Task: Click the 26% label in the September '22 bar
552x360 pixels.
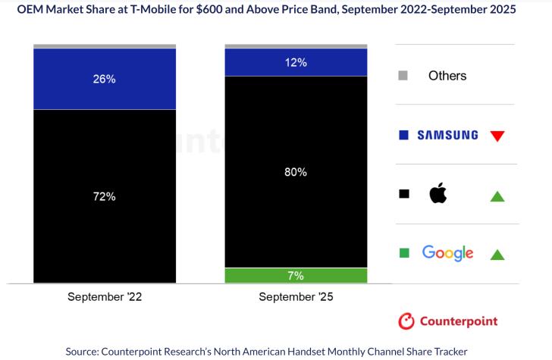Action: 105,79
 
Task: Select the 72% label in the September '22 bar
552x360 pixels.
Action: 105,196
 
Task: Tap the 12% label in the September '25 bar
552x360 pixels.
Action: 296,63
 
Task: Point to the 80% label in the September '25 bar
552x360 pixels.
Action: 296,172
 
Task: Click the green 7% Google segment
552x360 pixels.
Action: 296,275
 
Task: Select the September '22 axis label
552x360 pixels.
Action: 105,297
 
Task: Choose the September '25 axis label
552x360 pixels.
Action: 296,297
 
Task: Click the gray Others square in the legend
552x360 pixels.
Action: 403,75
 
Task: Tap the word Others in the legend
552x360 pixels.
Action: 447,75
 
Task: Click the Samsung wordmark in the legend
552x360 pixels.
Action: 447,135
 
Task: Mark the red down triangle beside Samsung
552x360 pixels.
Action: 497,136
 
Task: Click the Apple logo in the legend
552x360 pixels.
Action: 438,194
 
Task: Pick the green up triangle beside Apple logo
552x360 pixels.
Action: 497,196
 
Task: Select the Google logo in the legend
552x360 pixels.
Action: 447,253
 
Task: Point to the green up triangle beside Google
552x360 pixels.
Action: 497,255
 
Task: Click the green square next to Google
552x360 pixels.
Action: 403,252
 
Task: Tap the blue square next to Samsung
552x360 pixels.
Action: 403,135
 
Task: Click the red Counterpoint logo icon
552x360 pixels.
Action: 407,321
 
